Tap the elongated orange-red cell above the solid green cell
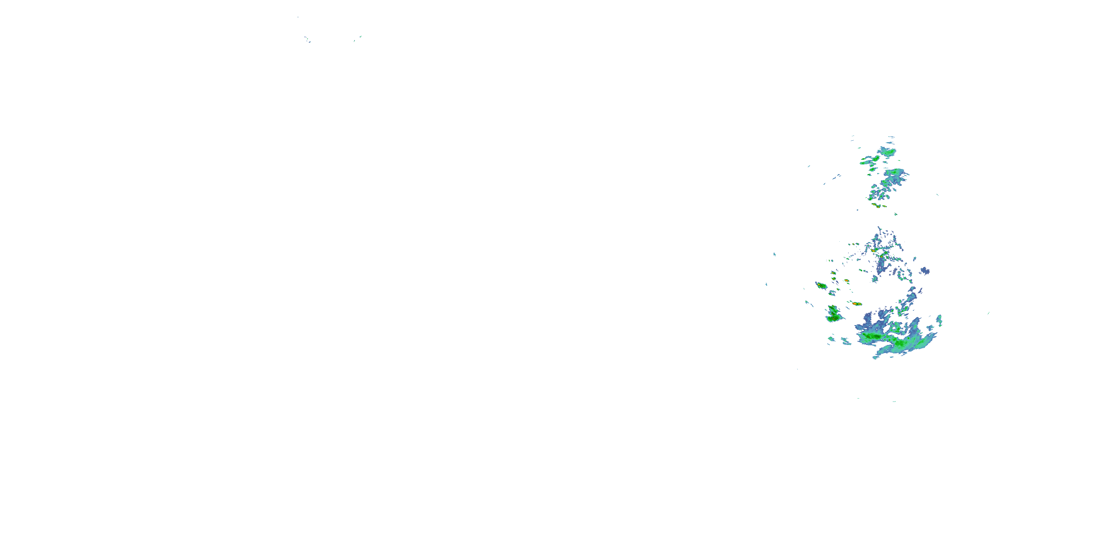pos(856,303)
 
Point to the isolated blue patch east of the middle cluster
pos(925,271)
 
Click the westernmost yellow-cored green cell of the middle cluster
pos(821,285)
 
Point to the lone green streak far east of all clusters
pos(988,313)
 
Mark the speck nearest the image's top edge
pos(297,17)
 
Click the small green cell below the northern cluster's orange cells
pos(895,214)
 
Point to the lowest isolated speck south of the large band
pos(894,401)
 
